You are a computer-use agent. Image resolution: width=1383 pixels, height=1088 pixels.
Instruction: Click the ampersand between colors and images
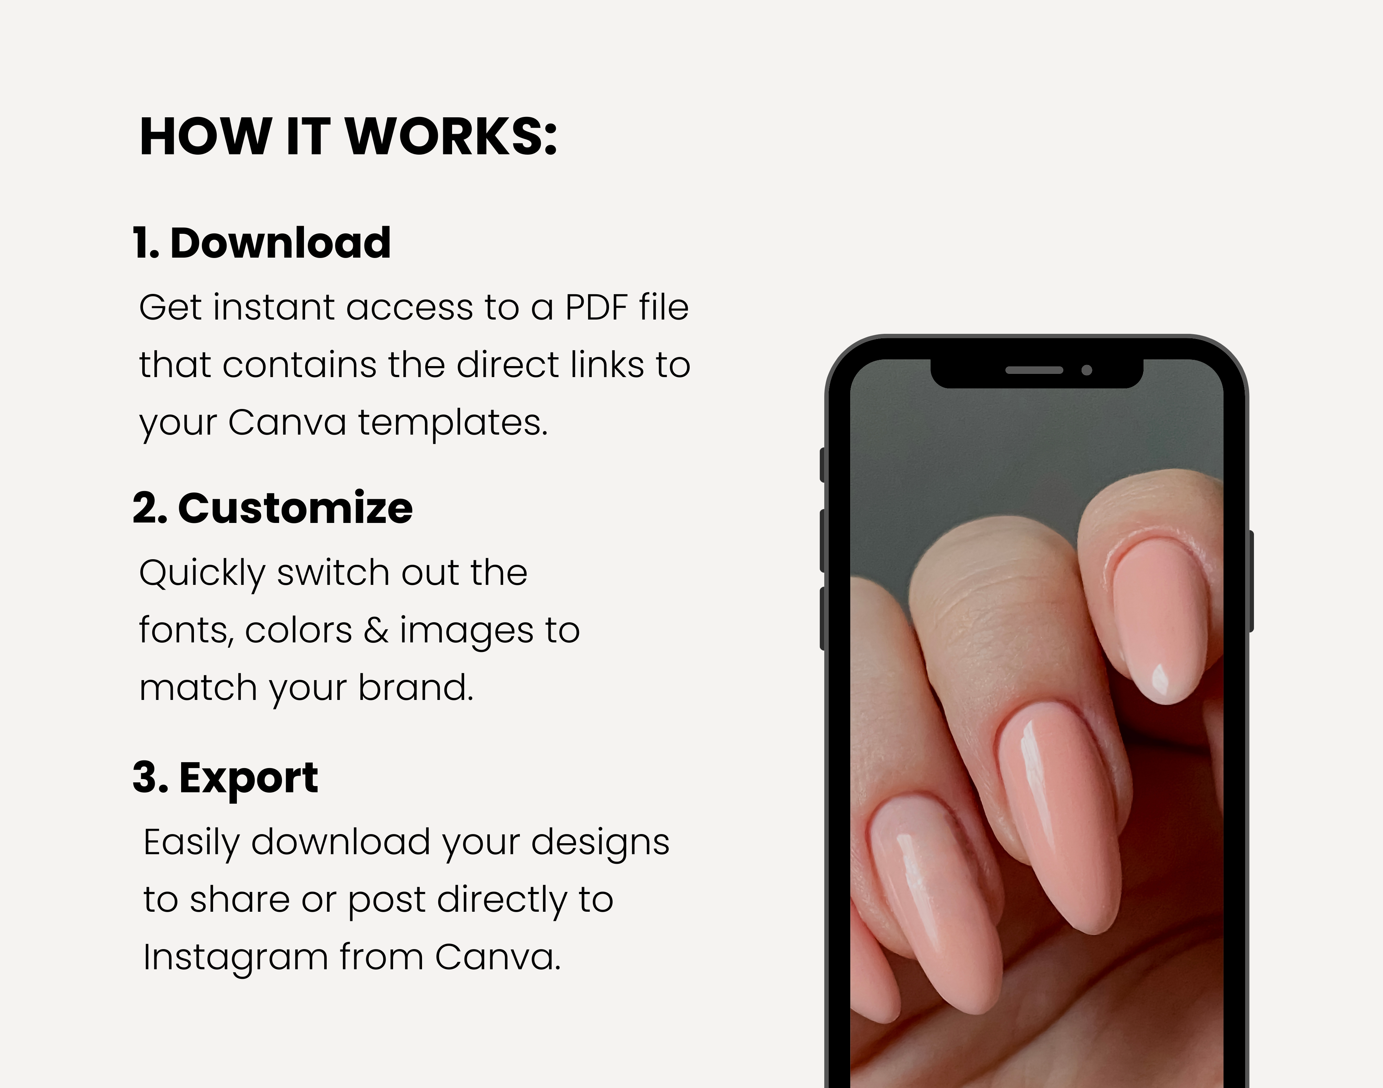tap(376, 631)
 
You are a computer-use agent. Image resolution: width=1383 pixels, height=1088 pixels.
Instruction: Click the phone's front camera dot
tap(1087, 370)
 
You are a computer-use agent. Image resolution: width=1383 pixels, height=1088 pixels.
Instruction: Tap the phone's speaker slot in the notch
tap(1034, 370)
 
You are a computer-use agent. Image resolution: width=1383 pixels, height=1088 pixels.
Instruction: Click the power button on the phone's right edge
tap(1250, 581)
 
